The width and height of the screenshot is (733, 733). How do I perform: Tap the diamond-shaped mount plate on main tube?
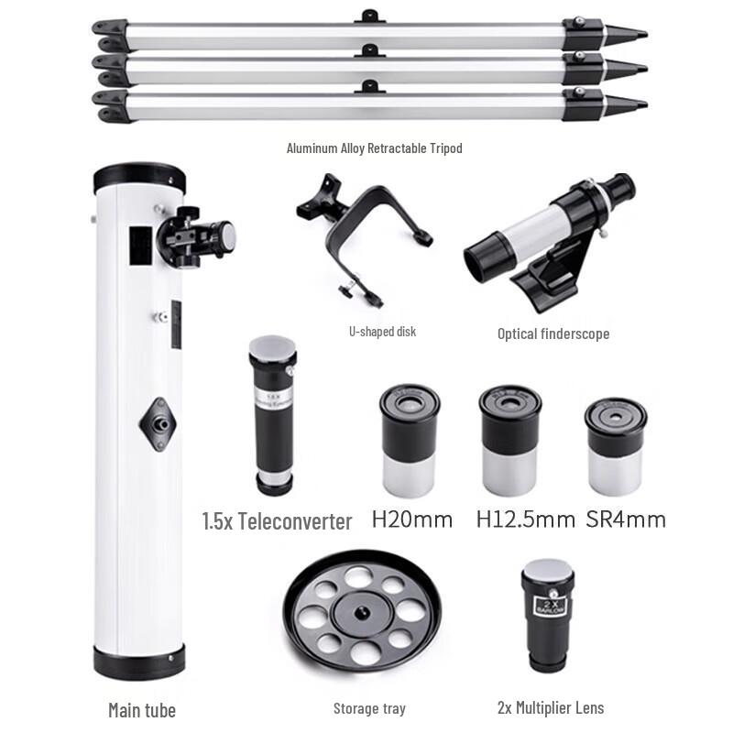(x=159, y=422)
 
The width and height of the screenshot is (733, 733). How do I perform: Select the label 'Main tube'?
(x=141, y=710)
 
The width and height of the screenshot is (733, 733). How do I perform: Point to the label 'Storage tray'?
(x=369, y=708)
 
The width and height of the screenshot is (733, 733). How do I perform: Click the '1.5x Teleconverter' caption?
(x=277, y=521)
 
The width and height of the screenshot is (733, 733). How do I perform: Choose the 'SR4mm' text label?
(x=625, y=520)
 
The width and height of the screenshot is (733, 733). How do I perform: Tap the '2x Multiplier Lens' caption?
(x=550, y=707)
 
